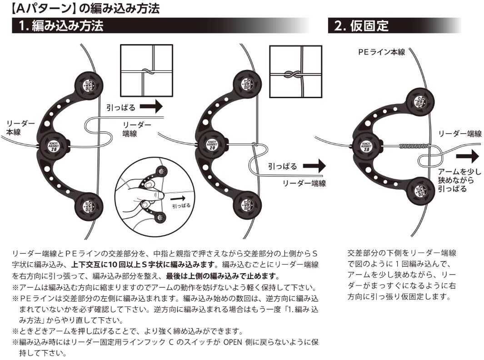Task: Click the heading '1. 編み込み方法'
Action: (x=61, y=25)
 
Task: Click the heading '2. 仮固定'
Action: (x=361, y=25)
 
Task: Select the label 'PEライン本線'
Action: (x=382, y=52)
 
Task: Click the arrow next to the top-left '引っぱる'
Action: (x=151, y=107)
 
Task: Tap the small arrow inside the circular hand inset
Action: (x=178, y=198)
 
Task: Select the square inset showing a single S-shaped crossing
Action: (x=146, y=71)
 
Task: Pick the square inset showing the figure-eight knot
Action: (x=296, y=72)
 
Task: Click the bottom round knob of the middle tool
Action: (x=247, y=205)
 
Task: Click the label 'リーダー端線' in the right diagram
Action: (x=460, y=134)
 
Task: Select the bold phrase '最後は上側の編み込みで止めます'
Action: (x=222, y=276)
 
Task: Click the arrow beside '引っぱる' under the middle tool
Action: (x=314, y=166)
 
